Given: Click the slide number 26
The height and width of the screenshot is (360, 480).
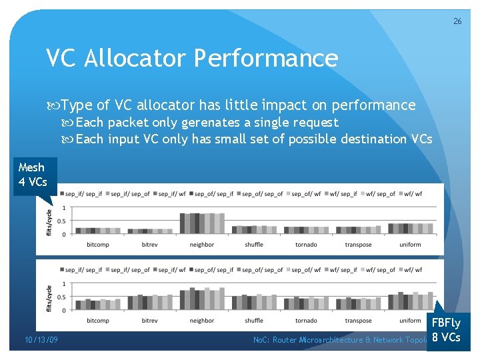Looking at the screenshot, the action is [x=457, y=21].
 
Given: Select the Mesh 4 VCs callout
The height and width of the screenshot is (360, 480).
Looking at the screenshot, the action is [x=33, y=174].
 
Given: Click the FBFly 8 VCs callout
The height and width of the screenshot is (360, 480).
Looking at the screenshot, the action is [x=446, y=329].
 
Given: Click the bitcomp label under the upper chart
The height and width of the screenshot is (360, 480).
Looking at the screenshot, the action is [x=98, y=245].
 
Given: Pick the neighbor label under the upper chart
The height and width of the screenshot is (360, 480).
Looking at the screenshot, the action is [x=202, y=245].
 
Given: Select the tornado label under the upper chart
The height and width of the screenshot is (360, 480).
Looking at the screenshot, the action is [x=306, y=245].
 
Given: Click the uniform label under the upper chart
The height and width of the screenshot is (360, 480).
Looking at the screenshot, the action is [x=410, y=245].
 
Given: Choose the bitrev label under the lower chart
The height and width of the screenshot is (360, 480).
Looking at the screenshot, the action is [x=150, y=321].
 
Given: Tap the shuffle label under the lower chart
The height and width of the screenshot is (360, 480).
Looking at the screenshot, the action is [x=254, y=321].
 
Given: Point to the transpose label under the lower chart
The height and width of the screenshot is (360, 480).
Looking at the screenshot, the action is [x=358, y=321].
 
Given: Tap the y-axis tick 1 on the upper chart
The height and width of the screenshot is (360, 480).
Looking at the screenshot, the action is [x=63, y=208].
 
